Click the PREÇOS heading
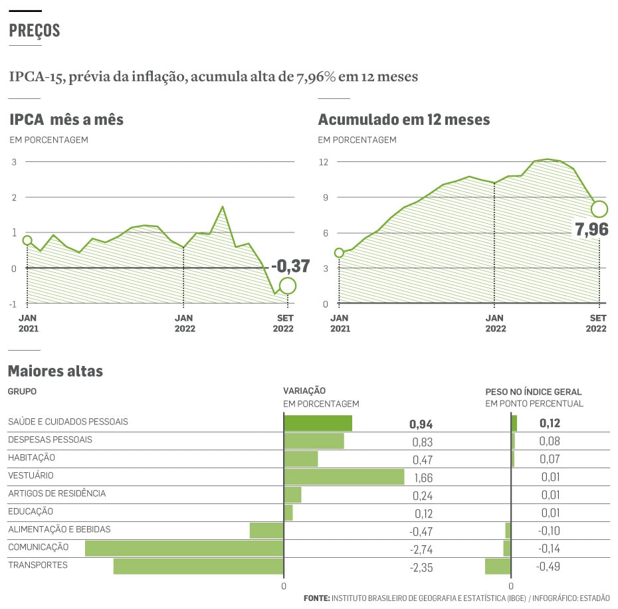(x=35, y=31)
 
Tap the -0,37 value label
(x=290, y=266)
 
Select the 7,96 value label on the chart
(x=591, y=230)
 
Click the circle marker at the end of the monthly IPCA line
(x=288, y=286)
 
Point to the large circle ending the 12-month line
(x=599, y=209)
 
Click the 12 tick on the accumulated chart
(x=324, y=161)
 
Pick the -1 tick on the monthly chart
(x=13, y=304)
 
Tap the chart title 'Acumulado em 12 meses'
(x=404, y=120)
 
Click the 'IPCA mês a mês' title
(x=66, y=120)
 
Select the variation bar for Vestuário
(x=344, y=477)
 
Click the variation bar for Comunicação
(x=184, y=548)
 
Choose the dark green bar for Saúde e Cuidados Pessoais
(x=318, y=423)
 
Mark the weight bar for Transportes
(x=498, y=566)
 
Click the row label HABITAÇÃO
(x=31, y=458)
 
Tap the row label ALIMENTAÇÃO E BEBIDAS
(x=59, y=529)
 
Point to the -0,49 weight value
(x=548, y=566)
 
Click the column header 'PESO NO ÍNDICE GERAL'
(x=534, y=392)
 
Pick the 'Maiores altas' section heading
(x=55, y=371)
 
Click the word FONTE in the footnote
(x=316, y=598)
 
